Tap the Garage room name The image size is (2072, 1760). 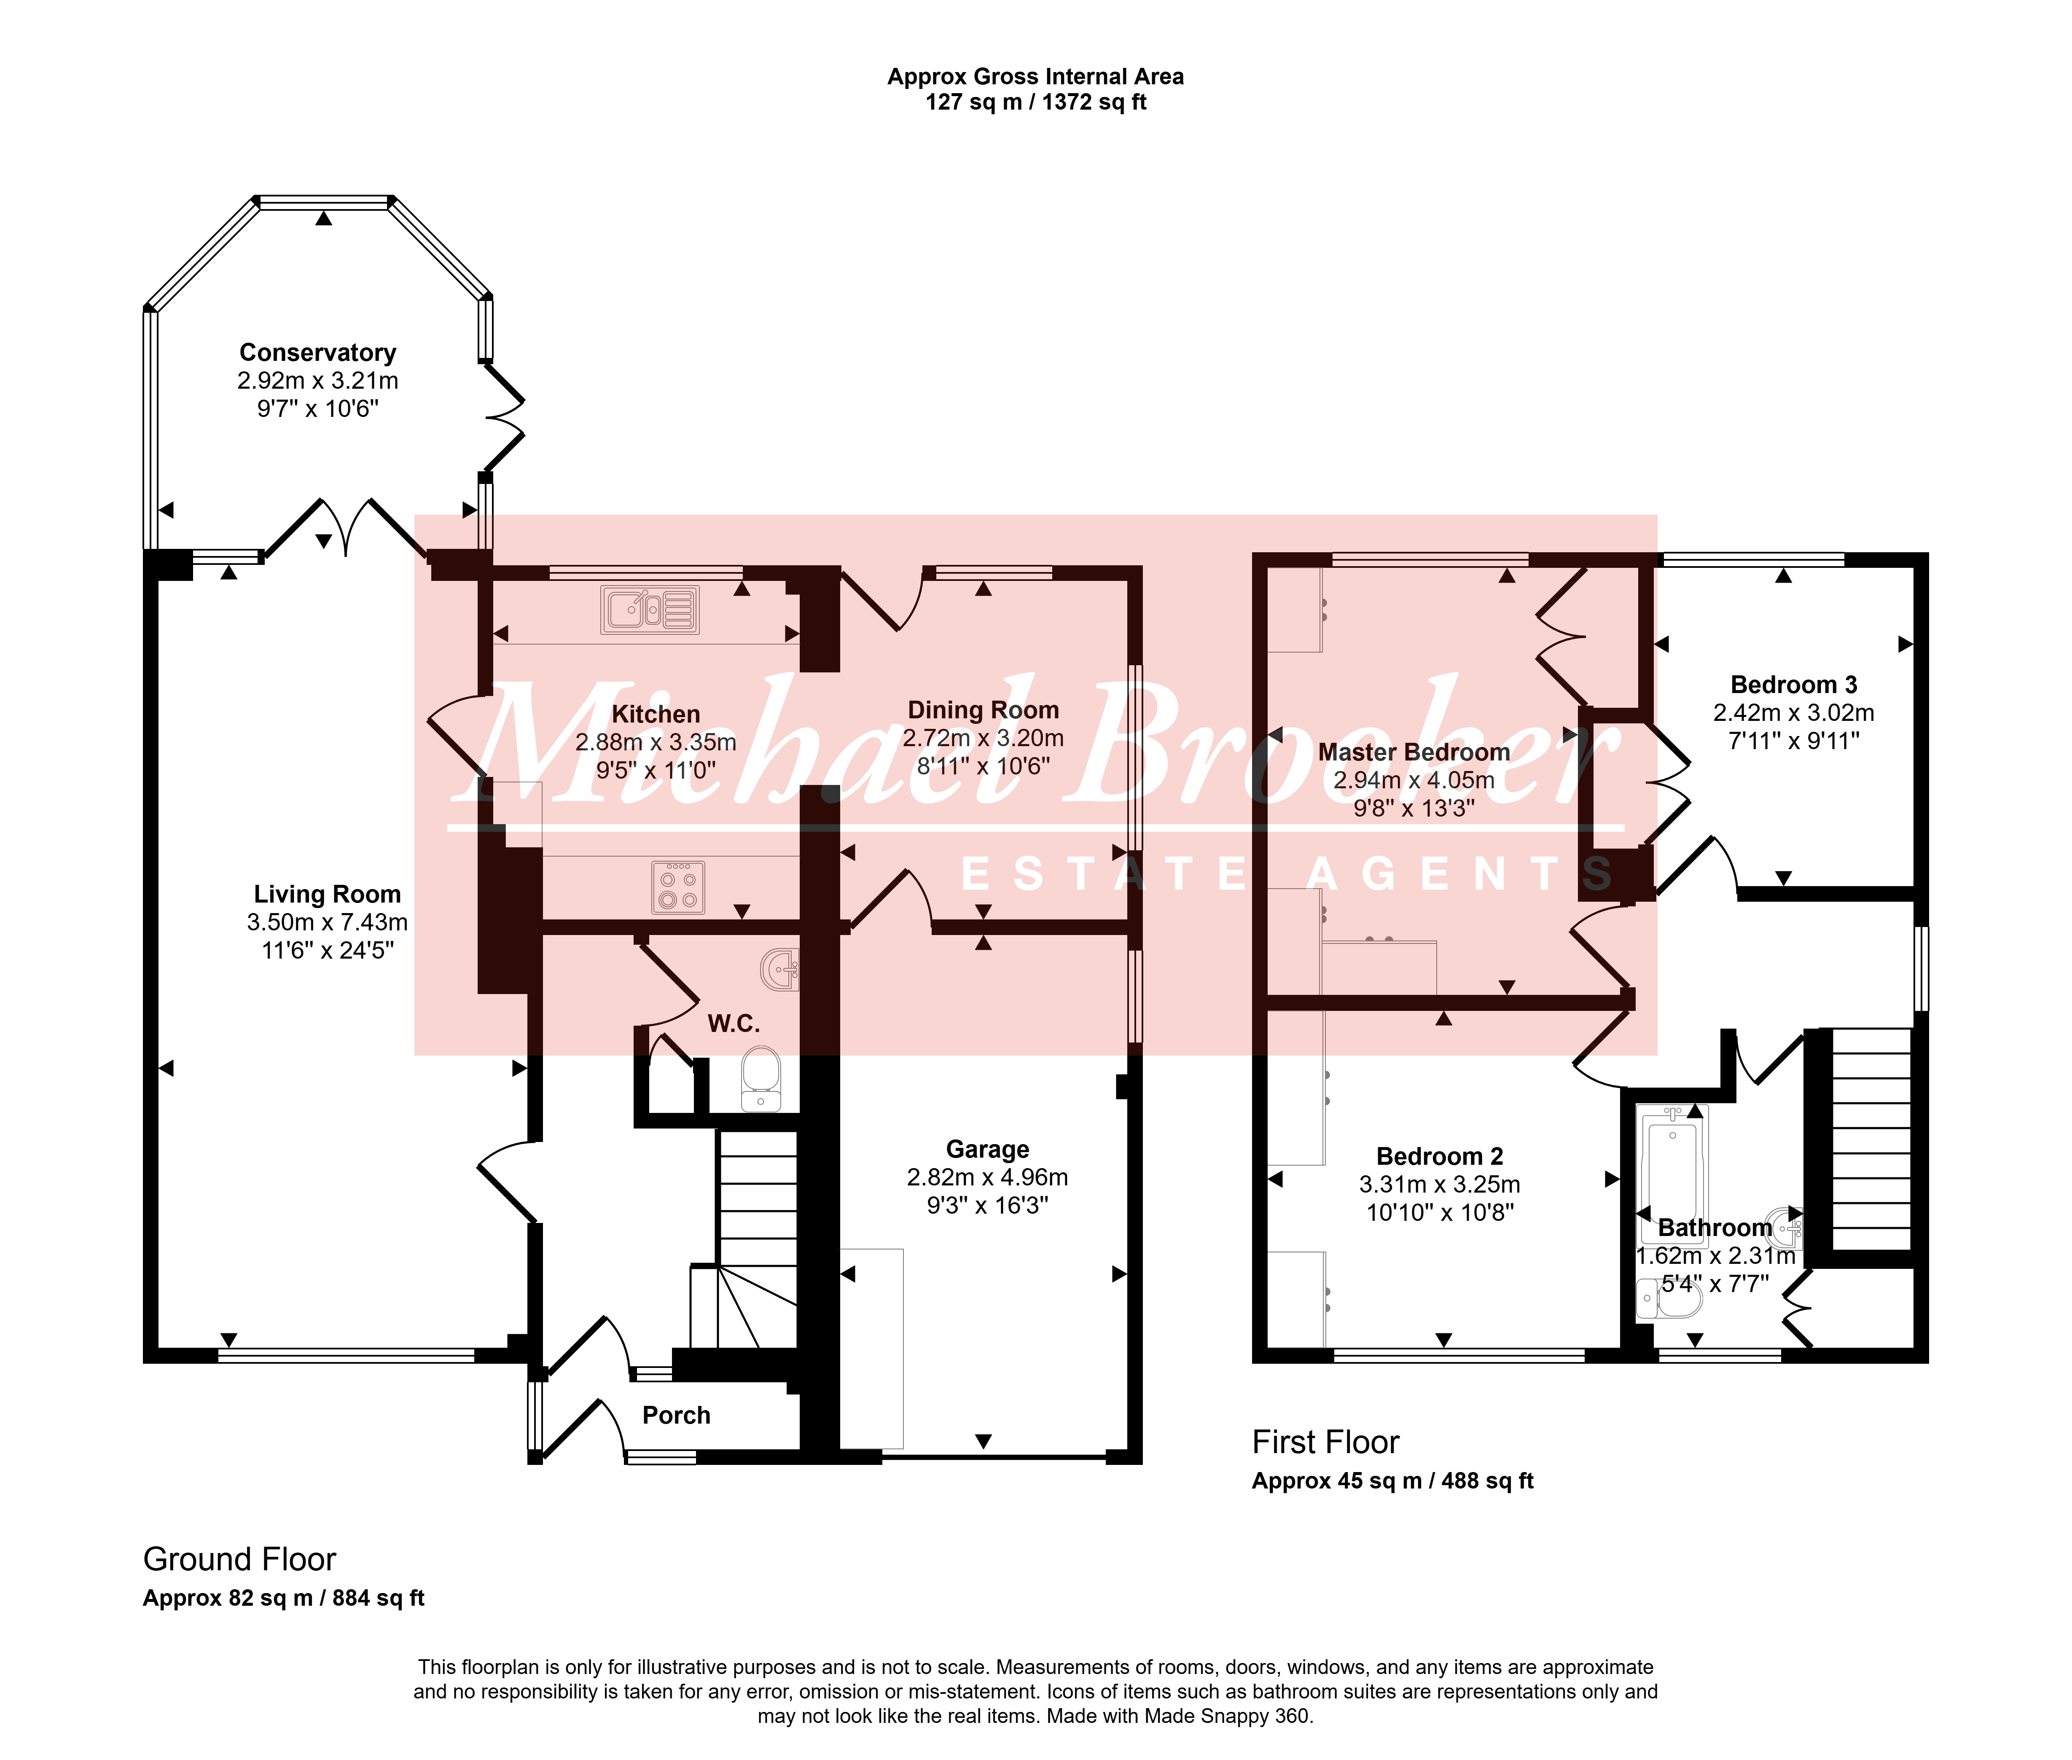click(x=988, y=1150)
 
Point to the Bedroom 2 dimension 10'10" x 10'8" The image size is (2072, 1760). click(x=1440, y=1212)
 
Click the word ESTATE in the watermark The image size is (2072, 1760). click(x=1102, y=874)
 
